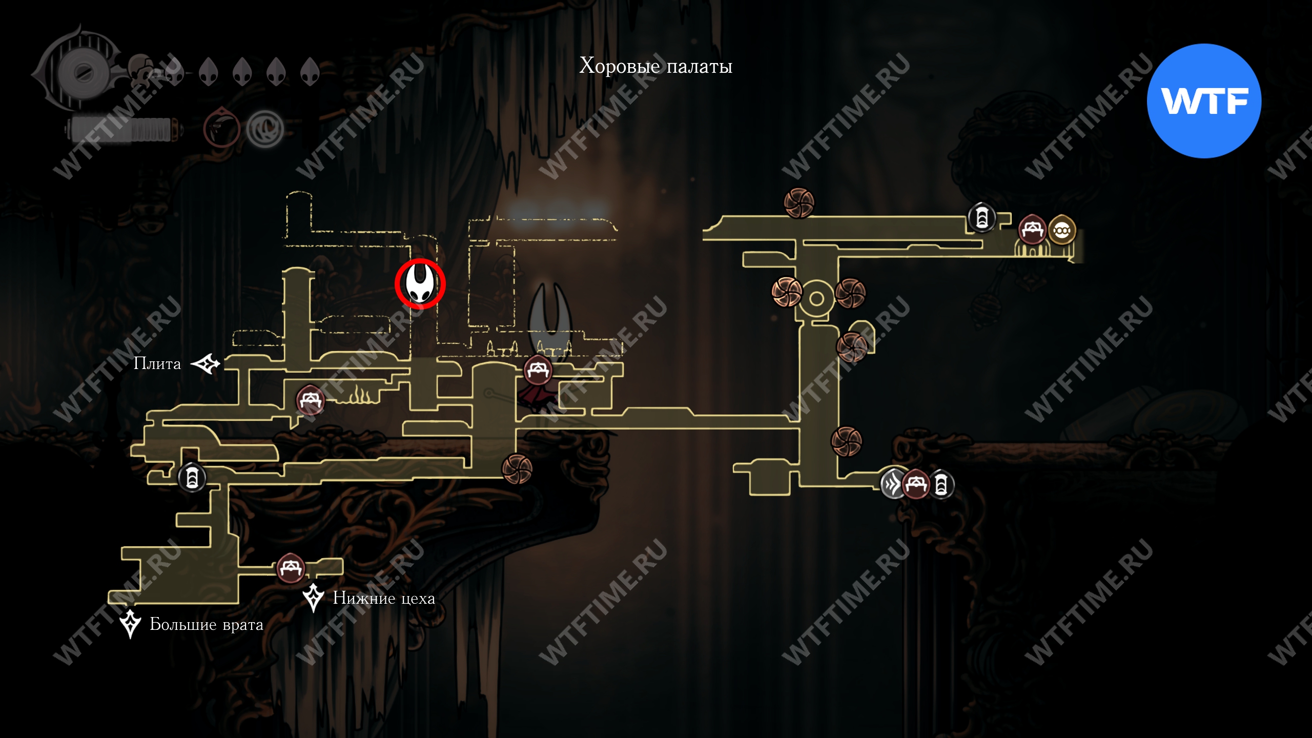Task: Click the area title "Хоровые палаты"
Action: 655,67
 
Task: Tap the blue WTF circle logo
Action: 1204,101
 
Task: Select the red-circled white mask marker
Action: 420,283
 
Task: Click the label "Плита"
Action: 157,363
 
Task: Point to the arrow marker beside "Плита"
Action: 206,364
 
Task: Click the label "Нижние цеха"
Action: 384,598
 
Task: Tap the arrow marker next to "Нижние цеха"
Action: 313,597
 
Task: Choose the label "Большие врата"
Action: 206,624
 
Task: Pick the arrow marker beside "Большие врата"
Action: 130,623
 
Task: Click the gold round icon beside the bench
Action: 1061,231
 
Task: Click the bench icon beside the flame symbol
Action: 310,400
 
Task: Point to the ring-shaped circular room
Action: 816,299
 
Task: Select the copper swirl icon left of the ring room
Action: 787,292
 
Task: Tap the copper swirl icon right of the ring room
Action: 850,294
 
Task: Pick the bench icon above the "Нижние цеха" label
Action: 291,568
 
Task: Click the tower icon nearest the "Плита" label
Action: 192,477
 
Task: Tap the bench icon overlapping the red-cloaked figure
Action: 537,370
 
